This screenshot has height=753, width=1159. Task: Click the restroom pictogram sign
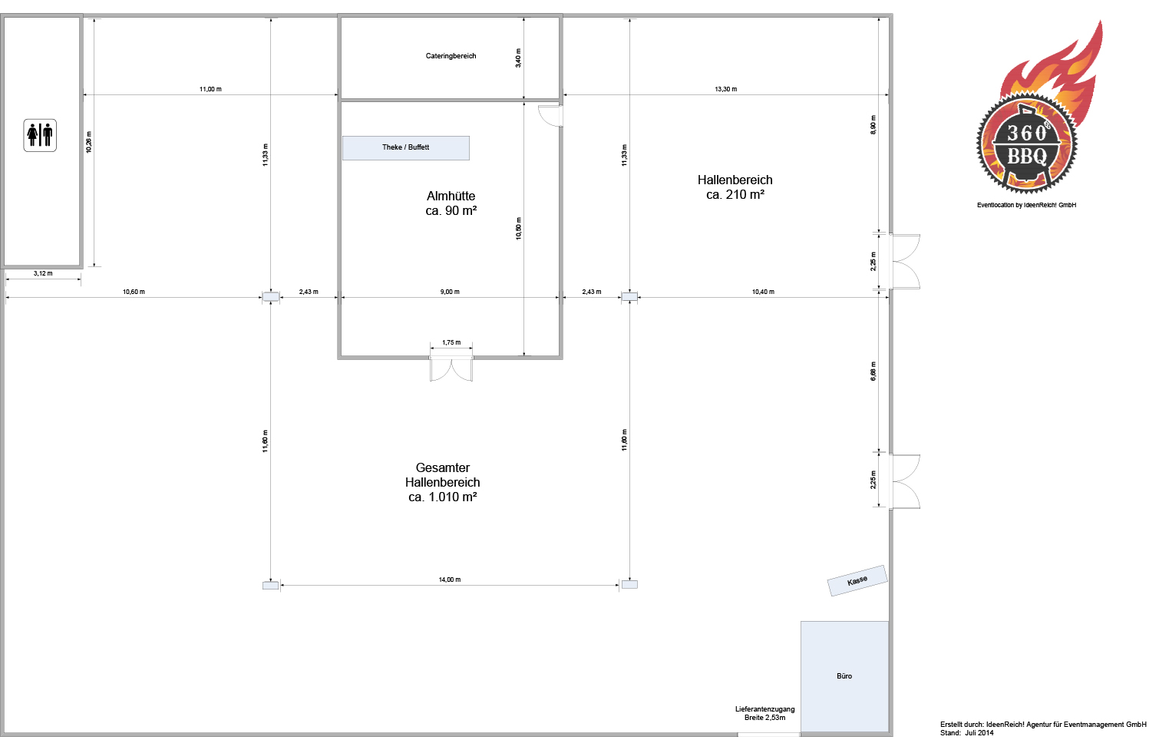click(40, 136)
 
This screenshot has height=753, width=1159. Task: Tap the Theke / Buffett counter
click(406, 148)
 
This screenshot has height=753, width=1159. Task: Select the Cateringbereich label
click(451, 56)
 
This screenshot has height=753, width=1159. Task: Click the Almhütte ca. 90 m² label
click(451, 203)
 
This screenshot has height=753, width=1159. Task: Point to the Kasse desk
click(857, 580)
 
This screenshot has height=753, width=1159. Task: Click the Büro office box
click(844, 676)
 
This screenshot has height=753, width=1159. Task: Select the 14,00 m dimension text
click(450, 580)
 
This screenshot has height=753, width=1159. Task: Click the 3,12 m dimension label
click(43, 273)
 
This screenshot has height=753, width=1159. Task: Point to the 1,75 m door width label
click(451, 342)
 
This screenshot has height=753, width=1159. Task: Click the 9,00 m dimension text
click(450, 292)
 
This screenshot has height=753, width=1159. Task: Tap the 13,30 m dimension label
click(726, 89)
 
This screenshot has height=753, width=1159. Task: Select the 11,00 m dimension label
click(210, 89)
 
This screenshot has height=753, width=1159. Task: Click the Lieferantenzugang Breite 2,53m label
click(764, 713)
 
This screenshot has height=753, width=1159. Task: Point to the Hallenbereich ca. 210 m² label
click(735, 187)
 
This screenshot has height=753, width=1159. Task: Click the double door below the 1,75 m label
click(451, 369)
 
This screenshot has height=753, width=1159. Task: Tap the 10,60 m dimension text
click(134, 292)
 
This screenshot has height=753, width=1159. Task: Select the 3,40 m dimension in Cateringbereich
click(518, 58)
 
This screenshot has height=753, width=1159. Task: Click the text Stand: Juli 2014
click(967, 733)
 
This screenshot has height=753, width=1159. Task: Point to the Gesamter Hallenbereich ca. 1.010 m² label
click(442, 482)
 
